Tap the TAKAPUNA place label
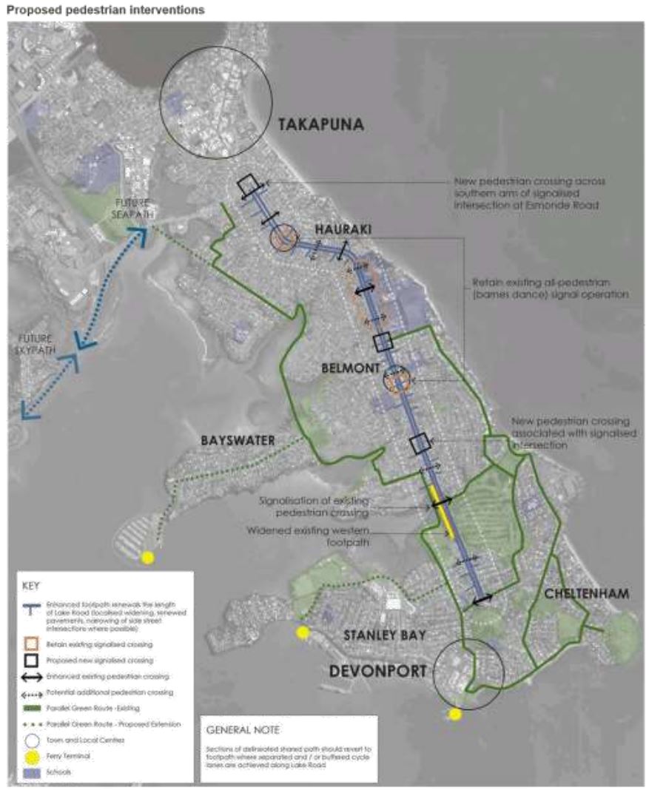(321, 125)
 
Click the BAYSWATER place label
(238, 440)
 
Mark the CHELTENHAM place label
(586, 593)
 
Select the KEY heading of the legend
(30, 584)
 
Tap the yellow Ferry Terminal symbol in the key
(31, 757)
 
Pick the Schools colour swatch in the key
(31, 772)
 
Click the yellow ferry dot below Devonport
(455, 714)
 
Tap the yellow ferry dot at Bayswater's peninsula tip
(148, 558)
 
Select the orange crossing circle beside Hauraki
(283, 239)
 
